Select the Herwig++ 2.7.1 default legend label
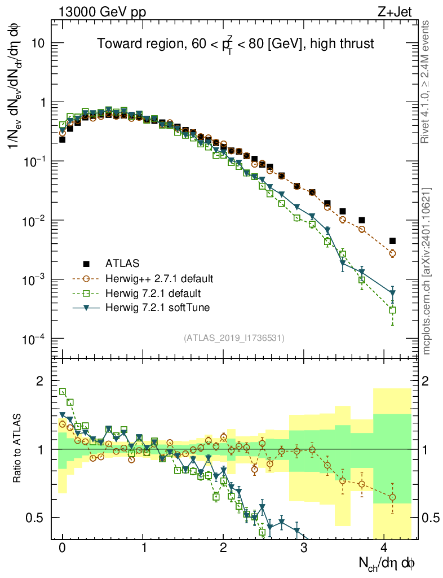point(159,279)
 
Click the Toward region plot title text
point(235,44)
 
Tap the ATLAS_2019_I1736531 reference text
point(234,338)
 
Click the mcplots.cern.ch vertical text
point(427,271)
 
